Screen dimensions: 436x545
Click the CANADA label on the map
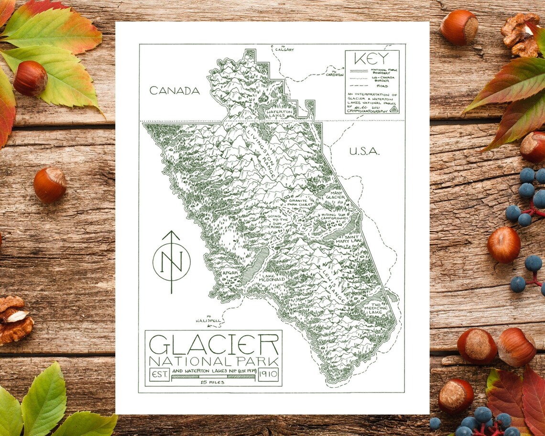click(x=174, y=90)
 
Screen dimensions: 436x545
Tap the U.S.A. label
click(x=364, y=152)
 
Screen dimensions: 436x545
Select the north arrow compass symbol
click(x=171, y=261)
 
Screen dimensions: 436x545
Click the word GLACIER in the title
click(x=214, y=344)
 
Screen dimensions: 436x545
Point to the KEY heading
click(x=372, y=60)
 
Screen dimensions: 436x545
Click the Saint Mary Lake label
click(x=350, y=239)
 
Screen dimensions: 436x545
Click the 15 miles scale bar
click(x=213, y=377)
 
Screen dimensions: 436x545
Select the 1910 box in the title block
click(x=268, y=374)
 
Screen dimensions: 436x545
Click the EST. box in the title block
click(x=159, y=374)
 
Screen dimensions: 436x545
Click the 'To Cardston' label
click(x=334, y=74)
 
